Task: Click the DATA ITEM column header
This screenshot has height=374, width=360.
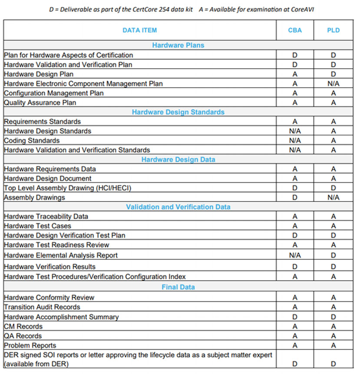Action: pyautogui.click(x=139, y=30)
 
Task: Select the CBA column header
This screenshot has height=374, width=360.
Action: pyautogui.click(x=295, y=30)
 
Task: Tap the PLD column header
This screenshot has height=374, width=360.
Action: pyautogui.click(x=333, y=30)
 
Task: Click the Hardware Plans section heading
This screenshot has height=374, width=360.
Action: pyautogui.click(x=178, y=45)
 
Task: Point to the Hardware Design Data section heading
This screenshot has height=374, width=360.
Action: pyautogui.click(x=178, y=159)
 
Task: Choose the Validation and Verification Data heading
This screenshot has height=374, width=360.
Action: pyautogui.click(x=178, y=207)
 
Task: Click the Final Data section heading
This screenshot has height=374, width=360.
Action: pyautogui.click(x=178, y=287)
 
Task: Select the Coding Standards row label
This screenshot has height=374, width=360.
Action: pyautogui.click(x=32, y=141)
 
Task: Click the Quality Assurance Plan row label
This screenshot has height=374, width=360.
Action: pyautogui.click(x=40, y=103)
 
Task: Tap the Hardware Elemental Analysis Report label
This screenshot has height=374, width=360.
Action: pyautogui.click(x=61, y=255)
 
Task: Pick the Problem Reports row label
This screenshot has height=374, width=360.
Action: pyautogui.click(x=30, y=345)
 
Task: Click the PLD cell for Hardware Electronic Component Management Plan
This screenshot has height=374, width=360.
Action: pyautogui.click(x=333, y=83)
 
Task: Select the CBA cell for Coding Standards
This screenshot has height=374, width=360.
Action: pyautogui.click(x=295, y=141)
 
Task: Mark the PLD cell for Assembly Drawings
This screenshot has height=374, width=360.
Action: pyautogui.click(x=333, y=198)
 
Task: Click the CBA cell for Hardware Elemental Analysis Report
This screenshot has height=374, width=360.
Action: pyautogui.click(x=295, y=255)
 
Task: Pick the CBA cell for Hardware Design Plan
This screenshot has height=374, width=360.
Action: pyautogui.click(x=295, y=74)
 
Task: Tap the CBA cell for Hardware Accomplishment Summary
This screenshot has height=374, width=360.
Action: pyautogui.click(x=295, y=317)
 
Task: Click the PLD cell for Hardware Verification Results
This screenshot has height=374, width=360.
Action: pyautogui.click(x=333, y=267)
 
